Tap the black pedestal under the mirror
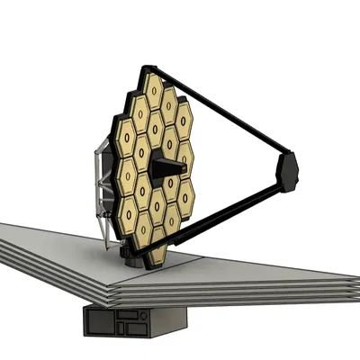[136, 261]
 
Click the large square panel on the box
[98, 322]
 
